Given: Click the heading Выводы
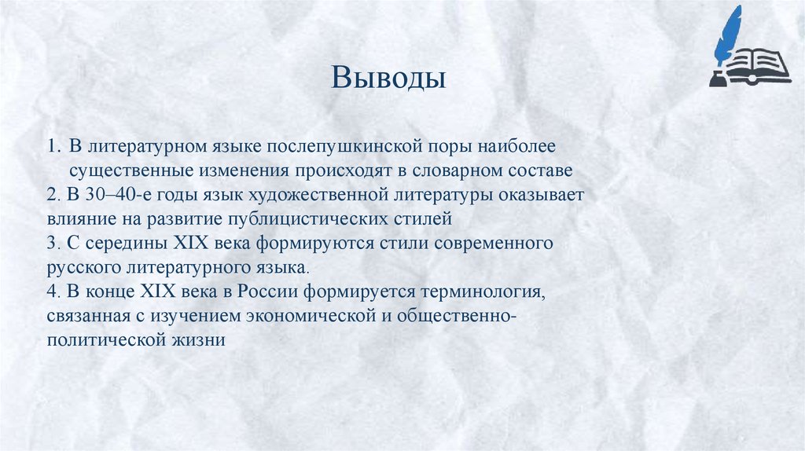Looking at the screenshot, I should (x=388, y=79).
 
